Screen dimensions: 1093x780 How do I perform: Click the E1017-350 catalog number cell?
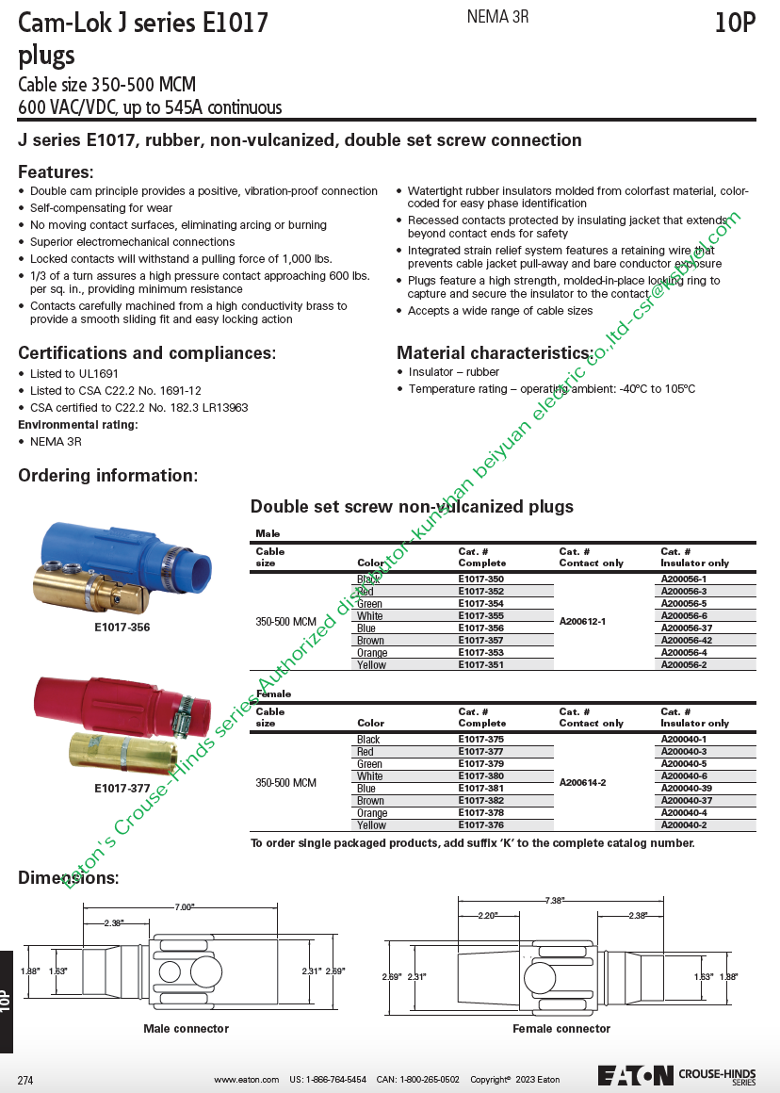pos(480,579)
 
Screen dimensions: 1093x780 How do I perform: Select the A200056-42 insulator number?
pos(687,641)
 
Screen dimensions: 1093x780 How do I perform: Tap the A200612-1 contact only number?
pos(582,622)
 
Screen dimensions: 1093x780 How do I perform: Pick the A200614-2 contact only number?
pos(582,783)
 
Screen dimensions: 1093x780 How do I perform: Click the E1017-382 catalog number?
pos(480,801)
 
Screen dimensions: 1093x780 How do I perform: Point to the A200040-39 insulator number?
pos(687,789)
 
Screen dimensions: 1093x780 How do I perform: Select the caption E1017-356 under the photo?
pos(122,628)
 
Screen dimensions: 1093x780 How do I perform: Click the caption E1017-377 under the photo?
pos(122,789)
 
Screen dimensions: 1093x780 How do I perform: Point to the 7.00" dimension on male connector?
pos(184,906)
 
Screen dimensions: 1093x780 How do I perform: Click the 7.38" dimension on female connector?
pos(554,901)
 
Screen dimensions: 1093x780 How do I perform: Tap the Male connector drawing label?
pos(186,1029)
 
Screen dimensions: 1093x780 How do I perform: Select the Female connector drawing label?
pos(561,1029)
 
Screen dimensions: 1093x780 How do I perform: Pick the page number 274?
pos(25,1080)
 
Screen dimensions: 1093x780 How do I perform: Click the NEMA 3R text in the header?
pos(497,18)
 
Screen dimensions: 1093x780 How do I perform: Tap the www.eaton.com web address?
pos(246,1080)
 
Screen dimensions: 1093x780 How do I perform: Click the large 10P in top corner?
pos(735,24)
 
